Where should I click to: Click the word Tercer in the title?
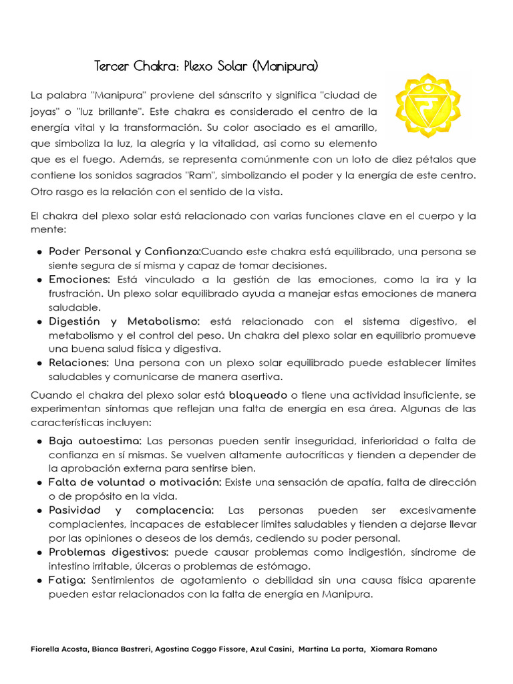coord(113,66)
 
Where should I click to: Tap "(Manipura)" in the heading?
coord(286,66)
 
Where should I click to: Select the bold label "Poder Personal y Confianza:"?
coord(124,251)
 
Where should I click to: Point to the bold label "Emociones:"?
coord(79,279)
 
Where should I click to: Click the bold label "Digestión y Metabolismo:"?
coord(124,321)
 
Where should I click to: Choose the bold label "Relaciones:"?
coord(78,363)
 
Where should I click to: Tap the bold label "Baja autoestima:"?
coord(95,441)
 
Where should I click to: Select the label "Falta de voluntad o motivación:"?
coord(135,482)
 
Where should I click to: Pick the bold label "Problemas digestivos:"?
coord(110,552)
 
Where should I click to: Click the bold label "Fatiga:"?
coord(67,580)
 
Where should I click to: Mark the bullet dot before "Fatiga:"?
coord(40,580)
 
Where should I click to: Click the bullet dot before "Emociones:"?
coord(40,279)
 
